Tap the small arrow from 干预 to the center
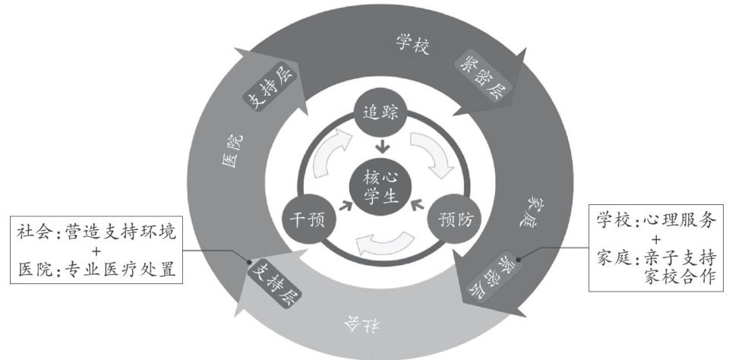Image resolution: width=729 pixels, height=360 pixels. [x=346, y=205]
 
